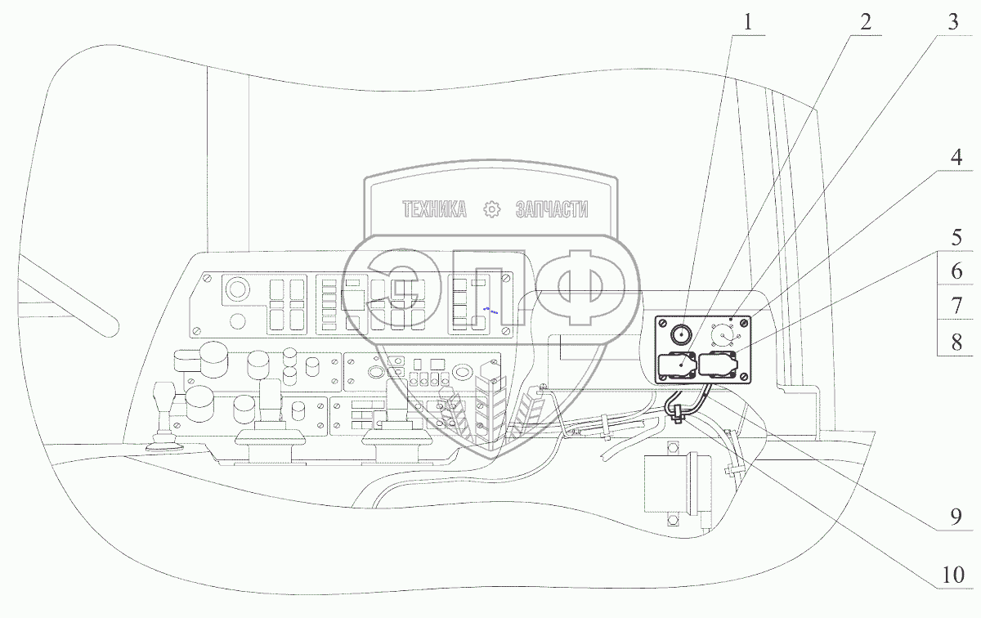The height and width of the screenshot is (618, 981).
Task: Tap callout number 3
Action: pyautogui.click(x=952, y=23)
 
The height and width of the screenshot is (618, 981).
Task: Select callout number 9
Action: pyautogui.click(x=952, y=517)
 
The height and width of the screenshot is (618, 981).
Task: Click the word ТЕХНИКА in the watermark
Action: pyautogui.click(x=434, y=210)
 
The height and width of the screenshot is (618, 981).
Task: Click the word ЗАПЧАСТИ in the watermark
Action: pyautogui.click(x=553, y=210)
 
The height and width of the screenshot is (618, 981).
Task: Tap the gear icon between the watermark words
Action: pyautogui.click(x=491, y=210)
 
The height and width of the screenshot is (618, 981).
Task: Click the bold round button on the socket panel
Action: pyautogui.click(x=681, y=334)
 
